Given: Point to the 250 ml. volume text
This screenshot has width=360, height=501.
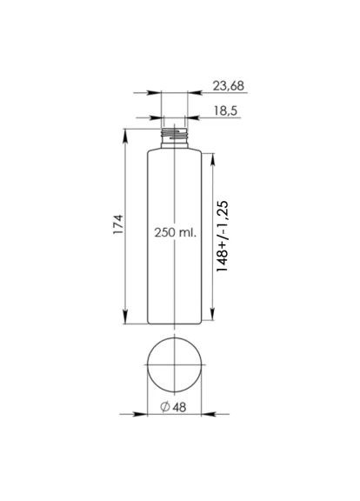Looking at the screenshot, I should coord(176,233).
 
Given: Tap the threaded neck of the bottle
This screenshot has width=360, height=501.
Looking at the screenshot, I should coord(176,135).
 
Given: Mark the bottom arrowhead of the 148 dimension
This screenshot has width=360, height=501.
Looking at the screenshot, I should coord(214,321).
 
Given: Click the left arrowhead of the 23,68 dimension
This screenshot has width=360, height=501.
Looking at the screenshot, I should coord(157,92).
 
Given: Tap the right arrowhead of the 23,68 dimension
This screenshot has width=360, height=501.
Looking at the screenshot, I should coord(194,92).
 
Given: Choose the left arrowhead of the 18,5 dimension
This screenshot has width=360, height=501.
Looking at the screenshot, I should coord(159,116).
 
